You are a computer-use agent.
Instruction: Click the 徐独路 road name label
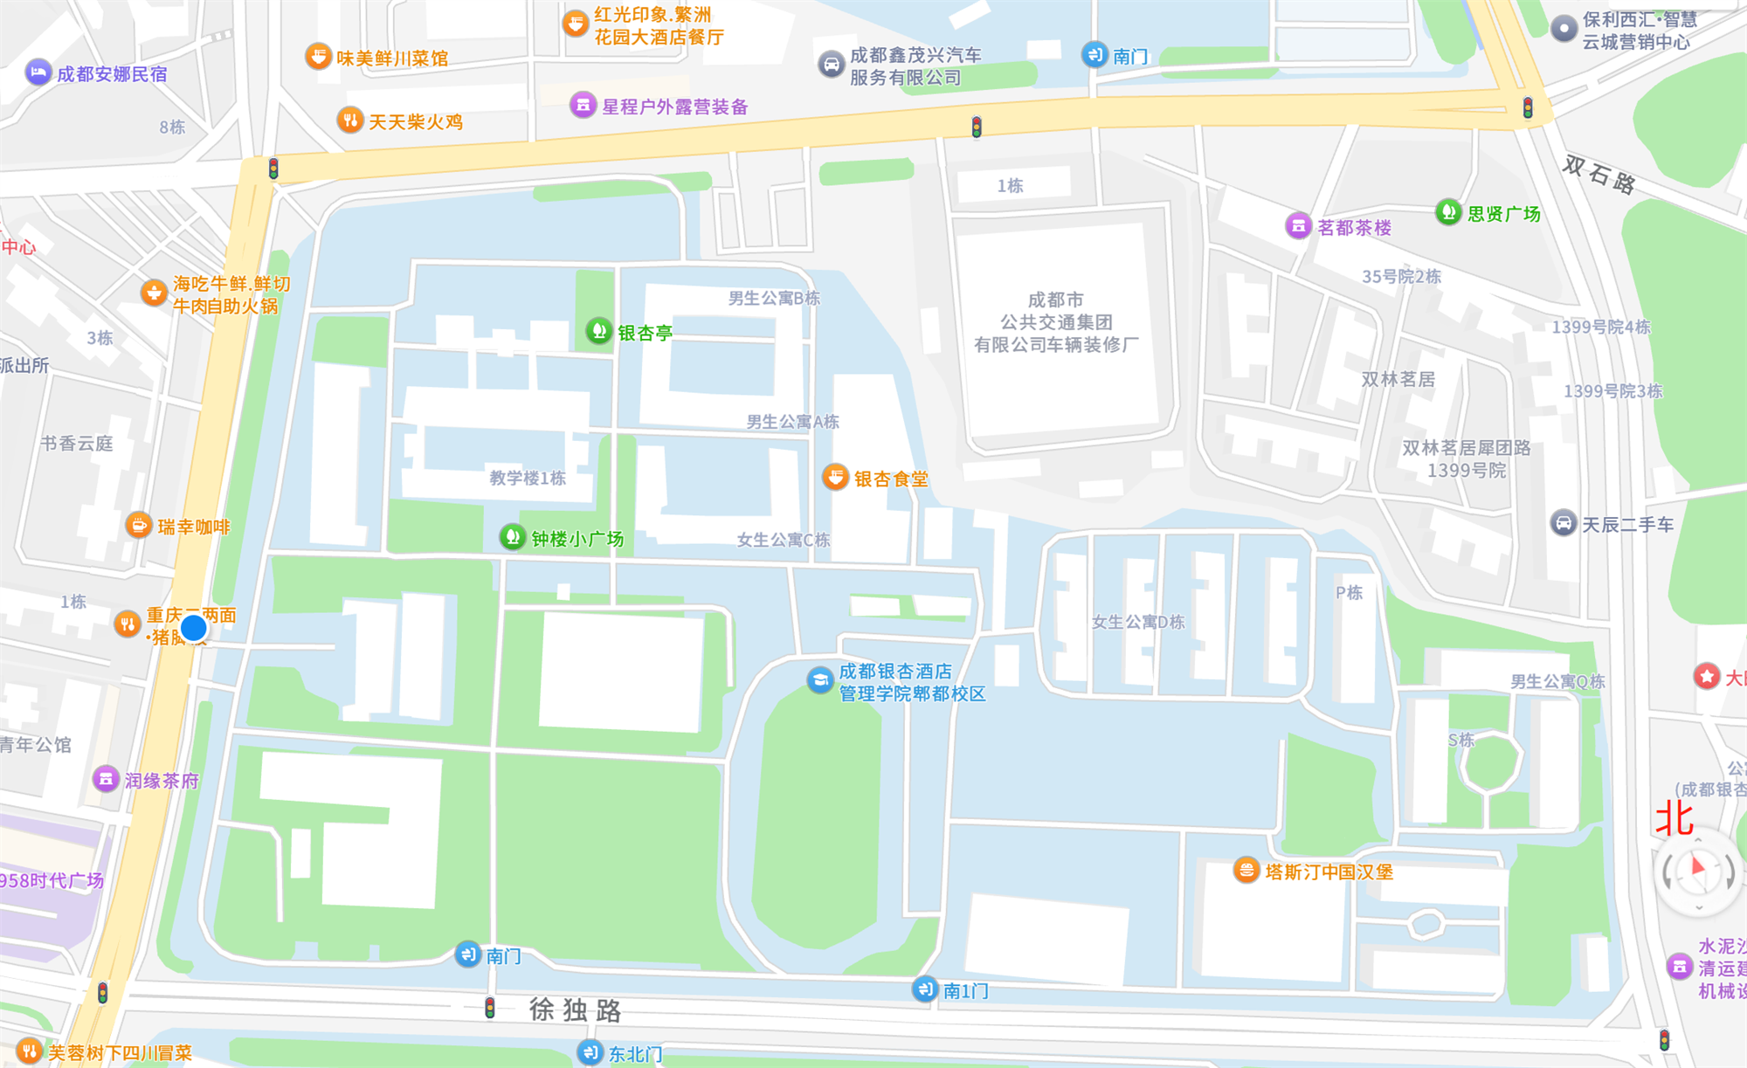[x=575, y=1010]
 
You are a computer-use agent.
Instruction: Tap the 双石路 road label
[x=1599, y=175]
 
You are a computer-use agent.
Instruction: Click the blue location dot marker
[x=193, y=628]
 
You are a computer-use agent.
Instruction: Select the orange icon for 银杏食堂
[x=835, y=478]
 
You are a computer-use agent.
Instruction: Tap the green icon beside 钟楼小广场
[x=513, y=537]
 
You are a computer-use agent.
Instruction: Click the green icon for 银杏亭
[x=598, y=331]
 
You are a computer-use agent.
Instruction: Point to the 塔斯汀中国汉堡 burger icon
[x=1246, y=871]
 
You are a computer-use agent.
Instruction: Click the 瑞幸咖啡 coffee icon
[x=138, y=526]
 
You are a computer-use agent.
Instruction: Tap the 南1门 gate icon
[x=925, y=989]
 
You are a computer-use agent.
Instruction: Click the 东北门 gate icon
[x=590, y=1052]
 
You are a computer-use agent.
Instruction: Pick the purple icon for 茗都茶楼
[x=1298, y=226]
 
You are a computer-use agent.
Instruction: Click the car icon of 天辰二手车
[x=1563, y=523]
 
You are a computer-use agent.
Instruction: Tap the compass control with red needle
[x=1698, y=871]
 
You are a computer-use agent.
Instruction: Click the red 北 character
[x=1674, y=818]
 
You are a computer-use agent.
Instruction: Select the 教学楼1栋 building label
[x=528, y=478]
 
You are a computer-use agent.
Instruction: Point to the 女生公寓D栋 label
[x=1138, y=622]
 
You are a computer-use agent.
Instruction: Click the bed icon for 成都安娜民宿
[x=38, y=72]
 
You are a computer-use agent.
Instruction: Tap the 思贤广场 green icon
[x=1448, y=212]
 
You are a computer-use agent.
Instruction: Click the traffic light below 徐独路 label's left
[x=490, y=1008]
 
